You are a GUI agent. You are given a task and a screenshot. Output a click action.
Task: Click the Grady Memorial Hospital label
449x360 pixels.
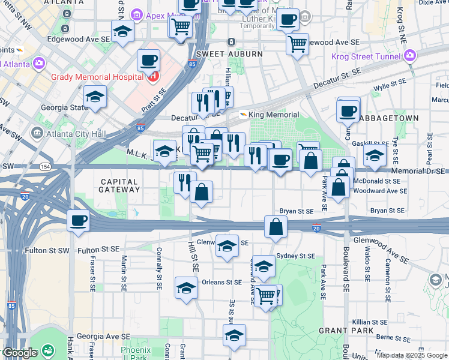tap(97, 77)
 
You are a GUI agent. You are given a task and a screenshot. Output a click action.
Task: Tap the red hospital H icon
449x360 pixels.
tap(153, 76)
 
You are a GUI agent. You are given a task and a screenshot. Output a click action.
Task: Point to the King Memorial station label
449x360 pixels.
tap(273, 115)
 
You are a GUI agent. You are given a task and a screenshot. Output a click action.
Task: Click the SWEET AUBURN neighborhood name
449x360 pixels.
tap(229, 54)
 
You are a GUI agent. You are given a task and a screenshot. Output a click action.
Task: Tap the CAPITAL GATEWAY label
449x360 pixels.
tap(120, 185)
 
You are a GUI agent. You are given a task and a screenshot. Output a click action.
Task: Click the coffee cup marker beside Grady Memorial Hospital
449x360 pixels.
tap(149, 60)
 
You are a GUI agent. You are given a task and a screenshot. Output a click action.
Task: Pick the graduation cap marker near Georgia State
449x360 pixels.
tap(95, 97)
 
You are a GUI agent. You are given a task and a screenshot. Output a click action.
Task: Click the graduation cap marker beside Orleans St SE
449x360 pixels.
tap(186, 287)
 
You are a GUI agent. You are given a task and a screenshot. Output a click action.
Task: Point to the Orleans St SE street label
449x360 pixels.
tap(221, 282)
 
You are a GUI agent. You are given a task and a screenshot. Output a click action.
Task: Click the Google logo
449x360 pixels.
tap(19, 353)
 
